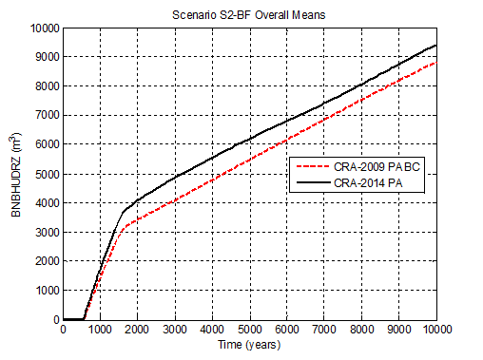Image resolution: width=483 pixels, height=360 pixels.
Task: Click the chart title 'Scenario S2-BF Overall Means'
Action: pos(249,15)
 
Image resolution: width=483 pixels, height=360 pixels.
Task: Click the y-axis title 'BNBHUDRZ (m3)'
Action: pos(16,174)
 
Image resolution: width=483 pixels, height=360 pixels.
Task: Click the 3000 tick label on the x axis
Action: pos(175,329)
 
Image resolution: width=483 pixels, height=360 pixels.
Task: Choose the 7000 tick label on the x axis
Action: pos(324,329)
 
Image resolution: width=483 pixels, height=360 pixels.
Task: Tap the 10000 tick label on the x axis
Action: pos(435,329)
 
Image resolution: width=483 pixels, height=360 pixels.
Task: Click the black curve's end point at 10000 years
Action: pos(436,45)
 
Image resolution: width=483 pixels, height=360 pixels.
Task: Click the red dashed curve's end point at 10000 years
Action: pos(436,63)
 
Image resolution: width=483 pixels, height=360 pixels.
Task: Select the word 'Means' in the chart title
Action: pos(309,15)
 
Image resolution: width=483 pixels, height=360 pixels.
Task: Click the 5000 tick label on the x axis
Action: pos(249,329)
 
